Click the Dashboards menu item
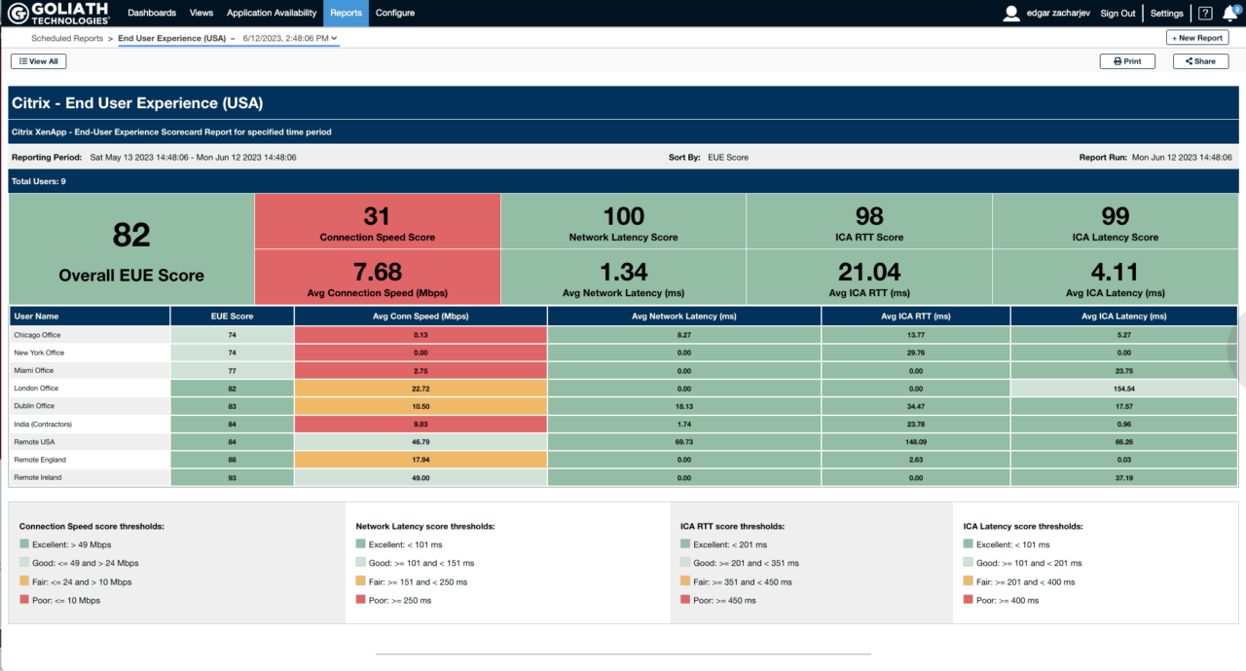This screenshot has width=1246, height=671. tap(152, 13)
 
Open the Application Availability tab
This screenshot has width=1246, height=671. tap(272, 13)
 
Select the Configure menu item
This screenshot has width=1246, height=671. tap(395, 13)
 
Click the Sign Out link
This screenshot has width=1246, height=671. tap(1118, 14)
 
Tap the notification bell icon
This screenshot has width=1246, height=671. tap(1229, 14)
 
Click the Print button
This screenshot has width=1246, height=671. tap(1127, 61)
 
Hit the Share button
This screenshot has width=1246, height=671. tap(1200, 61)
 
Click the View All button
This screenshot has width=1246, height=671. tap(39, 61)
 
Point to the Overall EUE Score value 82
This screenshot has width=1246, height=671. tap(131, 235)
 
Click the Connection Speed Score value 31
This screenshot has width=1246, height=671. tap(377, 215)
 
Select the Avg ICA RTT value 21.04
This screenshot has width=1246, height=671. tap(869, 272)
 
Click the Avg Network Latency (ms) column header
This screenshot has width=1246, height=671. tap(684, 316)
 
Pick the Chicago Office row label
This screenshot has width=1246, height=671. tap(38, 335)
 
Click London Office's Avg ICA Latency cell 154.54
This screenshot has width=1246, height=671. tap(1124, 388)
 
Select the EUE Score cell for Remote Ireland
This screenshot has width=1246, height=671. tap(232, 477)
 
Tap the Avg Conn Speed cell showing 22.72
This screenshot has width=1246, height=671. tap(421, 388)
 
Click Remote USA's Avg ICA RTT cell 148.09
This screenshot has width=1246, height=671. tap(916, 441)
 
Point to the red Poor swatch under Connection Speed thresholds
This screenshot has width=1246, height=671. tap(24, 601)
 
